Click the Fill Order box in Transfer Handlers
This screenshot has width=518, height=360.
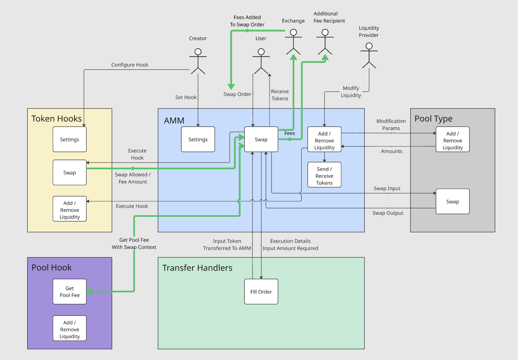(261, 292)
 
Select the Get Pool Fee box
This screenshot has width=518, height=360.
(70, 292)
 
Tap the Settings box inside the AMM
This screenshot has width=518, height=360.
(198, 139)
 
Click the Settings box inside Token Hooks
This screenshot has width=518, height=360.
(70, 139)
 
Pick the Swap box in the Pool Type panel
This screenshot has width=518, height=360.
(452, 202)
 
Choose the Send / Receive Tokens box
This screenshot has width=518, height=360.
(324, 176)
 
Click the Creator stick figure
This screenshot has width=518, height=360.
(198, 61)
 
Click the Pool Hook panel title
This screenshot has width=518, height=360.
(52, 268)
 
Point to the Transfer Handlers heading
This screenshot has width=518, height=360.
(197, 268)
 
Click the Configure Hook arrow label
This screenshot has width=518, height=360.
(130, 65)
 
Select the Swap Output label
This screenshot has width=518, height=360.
(388, 213)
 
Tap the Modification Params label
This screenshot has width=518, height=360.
(391, 125)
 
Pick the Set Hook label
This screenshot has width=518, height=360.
(186, 98)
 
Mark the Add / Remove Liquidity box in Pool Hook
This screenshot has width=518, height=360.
(70, 329)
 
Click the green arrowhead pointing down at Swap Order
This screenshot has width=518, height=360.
(231, 86)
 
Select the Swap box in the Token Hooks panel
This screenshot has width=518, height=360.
(70, 173)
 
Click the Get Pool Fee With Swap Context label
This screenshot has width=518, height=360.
(134, 244)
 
